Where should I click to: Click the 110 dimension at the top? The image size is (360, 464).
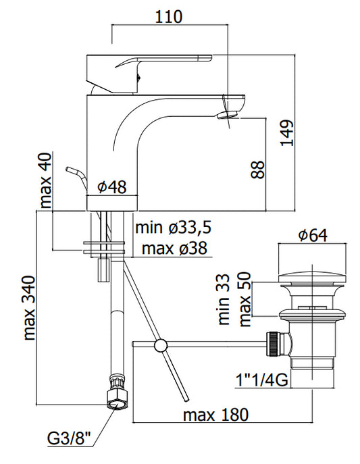(169, 17)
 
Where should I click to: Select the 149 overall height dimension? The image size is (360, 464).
(287, 133)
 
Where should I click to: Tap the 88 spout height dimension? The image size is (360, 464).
(257, 170)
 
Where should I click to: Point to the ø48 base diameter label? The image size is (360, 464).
(112, 186)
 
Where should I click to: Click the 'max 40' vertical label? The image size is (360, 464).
(45, 180)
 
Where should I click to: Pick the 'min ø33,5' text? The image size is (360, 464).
(174, 228)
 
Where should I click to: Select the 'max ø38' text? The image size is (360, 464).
(174, 249)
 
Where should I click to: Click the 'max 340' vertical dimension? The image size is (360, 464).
(29, 308)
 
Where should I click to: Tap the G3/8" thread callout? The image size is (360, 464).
(69, 438)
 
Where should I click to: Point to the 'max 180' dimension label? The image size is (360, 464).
(215, 415)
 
